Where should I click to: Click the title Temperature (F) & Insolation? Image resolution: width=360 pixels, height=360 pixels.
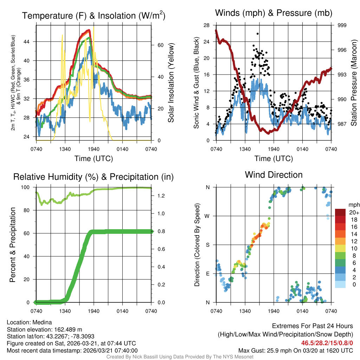94,15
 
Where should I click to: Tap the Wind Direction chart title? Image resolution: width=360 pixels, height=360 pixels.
274,174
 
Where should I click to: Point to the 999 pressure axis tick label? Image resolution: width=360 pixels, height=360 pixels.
342,25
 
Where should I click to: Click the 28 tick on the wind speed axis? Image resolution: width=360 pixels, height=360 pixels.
206,25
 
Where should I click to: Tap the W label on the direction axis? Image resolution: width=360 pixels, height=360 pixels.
207,216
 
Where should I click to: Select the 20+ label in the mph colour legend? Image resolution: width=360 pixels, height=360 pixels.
354,212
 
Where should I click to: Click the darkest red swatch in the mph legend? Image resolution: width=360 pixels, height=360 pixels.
341,212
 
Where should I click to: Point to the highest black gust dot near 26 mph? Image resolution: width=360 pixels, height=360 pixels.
258,34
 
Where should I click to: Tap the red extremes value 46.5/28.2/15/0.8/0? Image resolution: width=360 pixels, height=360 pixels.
327,343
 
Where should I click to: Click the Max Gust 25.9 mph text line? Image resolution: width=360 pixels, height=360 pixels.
295,350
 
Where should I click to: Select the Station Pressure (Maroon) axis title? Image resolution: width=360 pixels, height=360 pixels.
354,83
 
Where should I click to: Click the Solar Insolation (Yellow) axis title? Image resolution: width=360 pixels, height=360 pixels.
171,83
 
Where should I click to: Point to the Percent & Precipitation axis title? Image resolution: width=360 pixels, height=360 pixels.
13,245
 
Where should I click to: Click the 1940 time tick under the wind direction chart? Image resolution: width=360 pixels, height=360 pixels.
274,311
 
